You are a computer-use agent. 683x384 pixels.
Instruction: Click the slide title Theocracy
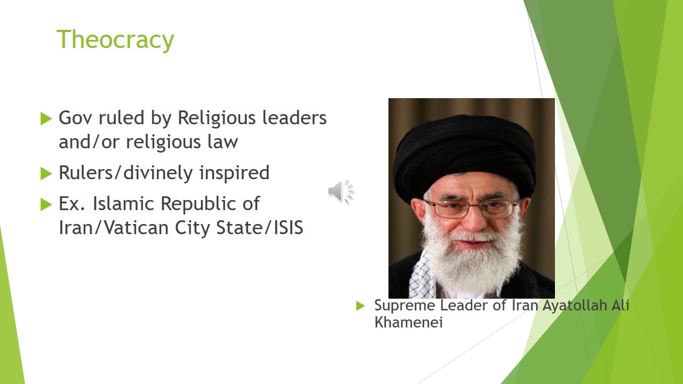[x=115, y=39]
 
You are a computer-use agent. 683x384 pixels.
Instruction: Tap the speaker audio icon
[x=341, y=191]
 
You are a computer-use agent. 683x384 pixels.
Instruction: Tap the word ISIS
[x=288, y=228]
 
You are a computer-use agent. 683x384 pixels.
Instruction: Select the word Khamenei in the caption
[x=408, y=322]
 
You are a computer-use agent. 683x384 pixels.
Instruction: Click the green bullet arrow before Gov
[x=46, y=118]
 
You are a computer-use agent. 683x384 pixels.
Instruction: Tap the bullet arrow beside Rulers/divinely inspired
[x=46, y=173]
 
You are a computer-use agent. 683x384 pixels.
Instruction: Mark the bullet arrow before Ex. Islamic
[x=46, y=204]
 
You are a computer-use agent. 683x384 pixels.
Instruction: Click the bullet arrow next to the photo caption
[x=360, y=306]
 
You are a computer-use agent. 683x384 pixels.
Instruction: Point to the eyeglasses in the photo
[x=470, y=208]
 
